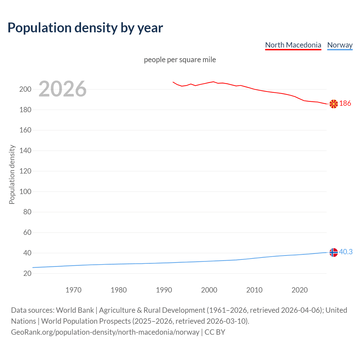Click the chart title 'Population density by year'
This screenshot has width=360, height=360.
click(x=85, y=28)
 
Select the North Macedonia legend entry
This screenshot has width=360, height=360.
click(x=293, y=45)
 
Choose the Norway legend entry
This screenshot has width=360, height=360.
click(x=340, y=45)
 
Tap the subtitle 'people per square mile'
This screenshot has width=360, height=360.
click(x=180, y=60)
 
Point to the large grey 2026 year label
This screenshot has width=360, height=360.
click(x=62, y=89)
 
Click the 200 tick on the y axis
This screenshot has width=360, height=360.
click(x=25, y=89)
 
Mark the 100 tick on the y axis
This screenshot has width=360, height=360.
click(x=25, y=192)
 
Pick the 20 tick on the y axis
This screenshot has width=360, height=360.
click(x=27, y=273)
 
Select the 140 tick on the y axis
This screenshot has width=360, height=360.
click(x=25, y=151)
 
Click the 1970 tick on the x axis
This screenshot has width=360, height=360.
click(x=73, y=290)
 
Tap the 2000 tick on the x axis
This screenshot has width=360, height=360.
click(x=209, y=290)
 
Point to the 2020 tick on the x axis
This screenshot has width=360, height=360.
click(x=300, y=290)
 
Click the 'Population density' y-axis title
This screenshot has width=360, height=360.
click(x=12, y=174)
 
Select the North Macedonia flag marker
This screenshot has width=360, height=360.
click(x=334, y=104)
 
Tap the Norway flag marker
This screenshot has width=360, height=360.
click(x=334, y=252)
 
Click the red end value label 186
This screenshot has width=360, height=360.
click(x=345, y=103)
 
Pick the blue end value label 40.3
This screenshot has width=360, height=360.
click(x=346, y=252)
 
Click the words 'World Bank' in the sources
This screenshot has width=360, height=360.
click(x=75, y=310)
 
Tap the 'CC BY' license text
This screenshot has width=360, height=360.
click(x=215, y=332)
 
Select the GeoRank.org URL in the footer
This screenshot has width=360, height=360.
click(x=105, y=332)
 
